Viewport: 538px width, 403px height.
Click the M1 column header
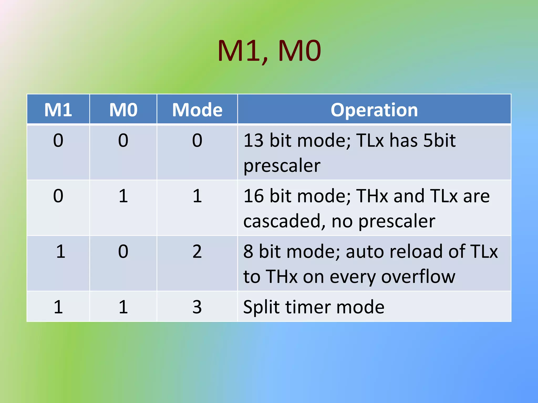pyautogui.click(x=58, y=110)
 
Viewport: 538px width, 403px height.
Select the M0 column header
pyautogui.click(x=123, y=110)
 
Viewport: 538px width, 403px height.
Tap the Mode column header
pyautogui.click(x=197, y=110)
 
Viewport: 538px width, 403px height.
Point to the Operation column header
pyautogui.click(x=374, y=110)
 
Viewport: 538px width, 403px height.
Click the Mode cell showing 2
pyautogui.click(x=197, y=251)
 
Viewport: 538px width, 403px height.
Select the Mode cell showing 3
pyautogui.click(x=197, y=307)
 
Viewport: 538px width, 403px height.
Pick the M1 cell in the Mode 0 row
pyautogui.click(x=58, y=140)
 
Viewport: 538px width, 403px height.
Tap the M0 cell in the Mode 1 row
pyautogui.click(x=123, y=196)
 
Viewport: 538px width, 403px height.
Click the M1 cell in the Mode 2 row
pyautogui.click(x=60, y=251)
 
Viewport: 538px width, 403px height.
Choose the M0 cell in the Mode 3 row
pyautogui.click(x=123, y=307)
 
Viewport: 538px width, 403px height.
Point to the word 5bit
pyautogui.click(x=439, y=140)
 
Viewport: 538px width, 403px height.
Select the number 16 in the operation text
pyautogui.click(x=253, y=196)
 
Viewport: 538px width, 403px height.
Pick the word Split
pyautogui.click(x=261, y=307)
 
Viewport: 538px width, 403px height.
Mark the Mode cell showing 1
pyautogui.click(x=197, y=196)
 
